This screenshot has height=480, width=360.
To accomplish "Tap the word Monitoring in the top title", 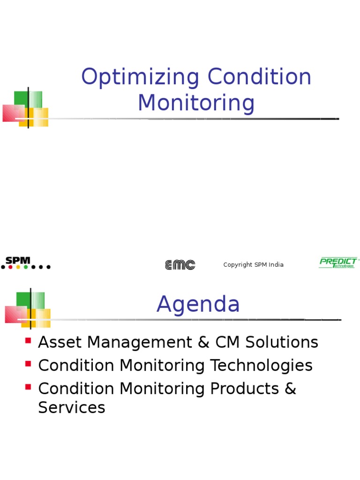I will [196, 103].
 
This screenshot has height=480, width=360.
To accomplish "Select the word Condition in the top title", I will [260, 78].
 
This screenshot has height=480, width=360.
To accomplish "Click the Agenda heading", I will [198, 305].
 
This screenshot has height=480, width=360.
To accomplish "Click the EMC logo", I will [180, 265].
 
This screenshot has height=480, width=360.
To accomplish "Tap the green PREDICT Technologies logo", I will [338, 263].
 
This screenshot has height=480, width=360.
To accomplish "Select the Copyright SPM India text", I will [253, 265].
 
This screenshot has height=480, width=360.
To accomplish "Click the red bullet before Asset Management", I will [28, 340].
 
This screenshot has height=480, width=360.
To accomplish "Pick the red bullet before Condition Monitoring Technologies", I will [28, 363].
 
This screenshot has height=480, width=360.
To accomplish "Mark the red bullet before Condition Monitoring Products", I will [28, 387].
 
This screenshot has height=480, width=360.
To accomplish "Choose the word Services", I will [71, 408].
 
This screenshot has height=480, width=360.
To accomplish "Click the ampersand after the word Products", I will [290, 389].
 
